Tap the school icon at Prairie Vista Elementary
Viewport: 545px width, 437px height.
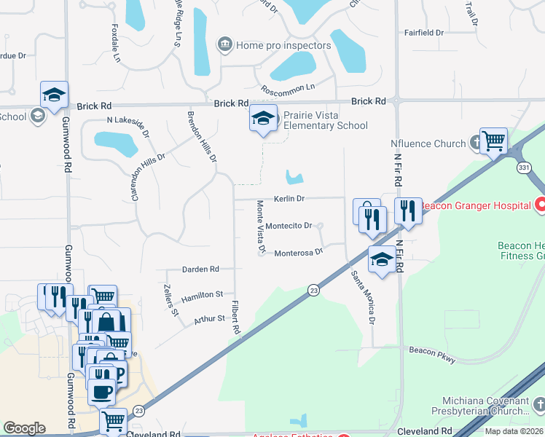point(263,118)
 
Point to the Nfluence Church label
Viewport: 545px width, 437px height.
point(428,143)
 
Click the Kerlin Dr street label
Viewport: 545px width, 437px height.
point(289,198)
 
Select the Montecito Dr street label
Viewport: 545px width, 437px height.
point(289,226)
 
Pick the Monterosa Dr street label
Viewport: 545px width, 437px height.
point(298,253)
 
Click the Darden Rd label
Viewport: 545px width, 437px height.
point(200,269)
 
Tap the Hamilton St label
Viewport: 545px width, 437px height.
point(203,294)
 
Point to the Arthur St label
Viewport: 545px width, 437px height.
point(209,319)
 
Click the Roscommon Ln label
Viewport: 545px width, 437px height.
point(287,88)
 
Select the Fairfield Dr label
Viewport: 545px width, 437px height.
point(424,33)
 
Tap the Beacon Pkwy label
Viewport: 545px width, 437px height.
point(432,350)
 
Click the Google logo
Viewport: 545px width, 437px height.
point(24,428)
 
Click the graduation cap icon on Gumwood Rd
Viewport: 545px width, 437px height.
point(54,94)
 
